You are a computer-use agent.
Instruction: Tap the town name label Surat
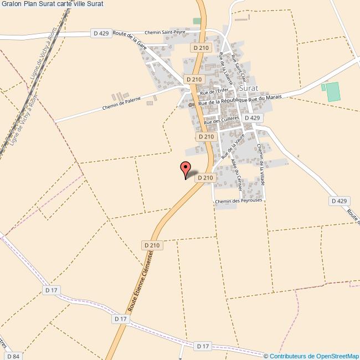click(x=250, y=88)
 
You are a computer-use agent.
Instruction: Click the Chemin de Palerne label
click(x=121, y=102)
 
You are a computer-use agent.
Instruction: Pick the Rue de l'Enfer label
click(x=214, y=92)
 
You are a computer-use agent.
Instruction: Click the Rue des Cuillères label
click(x=222, y=119)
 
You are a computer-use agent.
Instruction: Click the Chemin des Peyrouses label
click(x=239, y=202)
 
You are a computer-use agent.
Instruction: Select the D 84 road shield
click(x=13, y=356)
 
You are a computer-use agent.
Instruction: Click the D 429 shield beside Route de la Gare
click(x=100, y=33)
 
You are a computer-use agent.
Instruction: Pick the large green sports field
click(x=332, y=91)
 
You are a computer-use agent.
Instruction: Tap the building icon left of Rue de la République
click(x=192, y=105)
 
